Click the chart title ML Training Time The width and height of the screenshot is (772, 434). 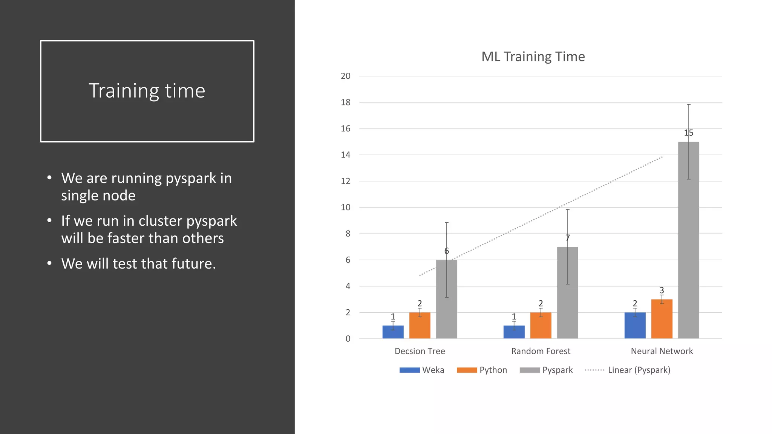click(533, 57)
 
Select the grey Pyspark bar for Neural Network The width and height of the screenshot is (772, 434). click(688, 241)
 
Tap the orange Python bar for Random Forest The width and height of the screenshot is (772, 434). click(541, 325)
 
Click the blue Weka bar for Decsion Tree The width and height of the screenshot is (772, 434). click(393, 332)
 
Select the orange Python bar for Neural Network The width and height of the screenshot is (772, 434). click(662, 319)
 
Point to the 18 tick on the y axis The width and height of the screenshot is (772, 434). click(346, 102)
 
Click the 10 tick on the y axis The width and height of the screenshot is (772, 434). click(346, 208)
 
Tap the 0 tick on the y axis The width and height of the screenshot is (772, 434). click(348, 339)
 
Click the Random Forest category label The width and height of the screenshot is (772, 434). click(541, 351)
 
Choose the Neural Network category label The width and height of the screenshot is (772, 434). click(662, 351)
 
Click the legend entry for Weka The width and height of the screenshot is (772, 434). click(422, 370)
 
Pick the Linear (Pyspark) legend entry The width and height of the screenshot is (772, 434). click(628, 370)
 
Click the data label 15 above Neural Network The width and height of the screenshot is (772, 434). click(688, 133)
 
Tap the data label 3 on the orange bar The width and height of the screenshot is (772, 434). click(662, 290)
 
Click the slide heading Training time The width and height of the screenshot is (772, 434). click(147, 91)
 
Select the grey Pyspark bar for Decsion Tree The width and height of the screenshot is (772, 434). click(446, 300)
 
